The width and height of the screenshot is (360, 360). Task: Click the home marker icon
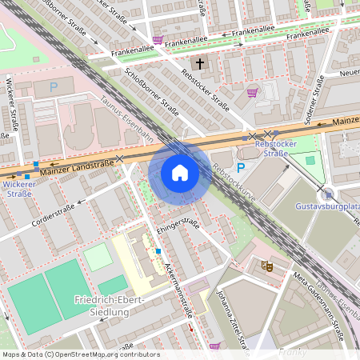pyautogui.click(x=180, y=172)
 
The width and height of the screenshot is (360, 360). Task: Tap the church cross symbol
pyautogui.click(x=199, y=62)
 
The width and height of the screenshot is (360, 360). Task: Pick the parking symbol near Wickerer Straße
pyautogui.click(x=54, y=86)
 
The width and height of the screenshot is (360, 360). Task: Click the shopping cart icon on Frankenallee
pyautogui.click(x=158, y=39)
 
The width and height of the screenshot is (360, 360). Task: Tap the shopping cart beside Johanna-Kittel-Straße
pyautogui.click(x=214, y=346)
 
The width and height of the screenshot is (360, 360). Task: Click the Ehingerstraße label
pyautogui.click(x=178, y=225)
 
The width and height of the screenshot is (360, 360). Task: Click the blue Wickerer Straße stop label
pyautogui.click(x=18, y=189)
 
